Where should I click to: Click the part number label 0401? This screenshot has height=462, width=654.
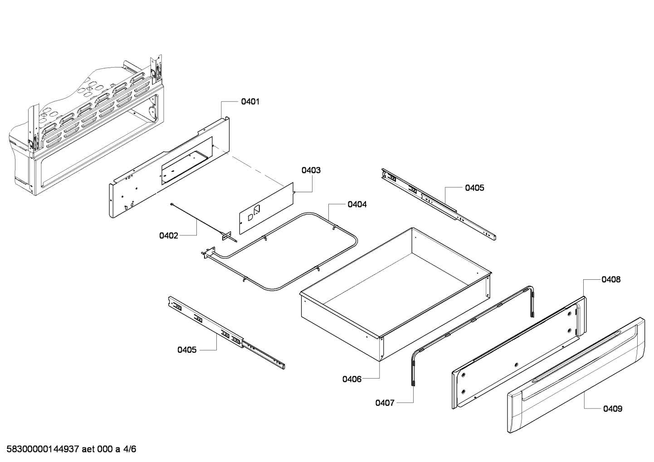[250, 102]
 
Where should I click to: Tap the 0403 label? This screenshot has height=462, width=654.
[311, 170]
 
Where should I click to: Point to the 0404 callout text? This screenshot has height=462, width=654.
[357, 204]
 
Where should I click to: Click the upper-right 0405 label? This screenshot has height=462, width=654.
[474, 188]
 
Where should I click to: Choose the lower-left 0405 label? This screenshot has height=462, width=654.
[187, 350]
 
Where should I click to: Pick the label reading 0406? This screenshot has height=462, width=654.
[352, 379]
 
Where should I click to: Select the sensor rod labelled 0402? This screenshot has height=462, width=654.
[200, 219]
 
